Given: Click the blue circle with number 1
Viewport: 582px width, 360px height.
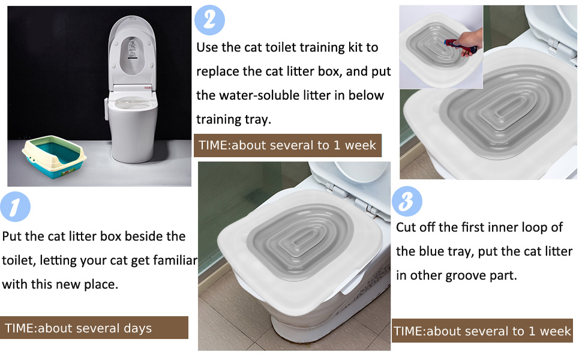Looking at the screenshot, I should tap(15, 207).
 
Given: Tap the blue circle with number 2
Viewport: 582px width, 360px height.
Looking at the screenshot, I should tap(209, 20).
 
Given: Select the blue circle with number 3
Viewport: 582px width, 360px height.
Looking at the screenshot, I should tap(407, 202).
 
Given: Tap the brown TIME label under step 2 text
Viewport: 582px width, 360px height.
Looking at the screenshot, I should tap(287, 145).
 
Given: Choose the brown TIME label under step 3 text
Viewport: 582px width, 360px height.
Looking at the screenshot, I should tap(482, 331).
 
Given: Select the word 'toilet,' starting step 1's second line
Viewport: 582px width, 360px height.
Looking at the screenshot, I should tap(20, 260).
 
